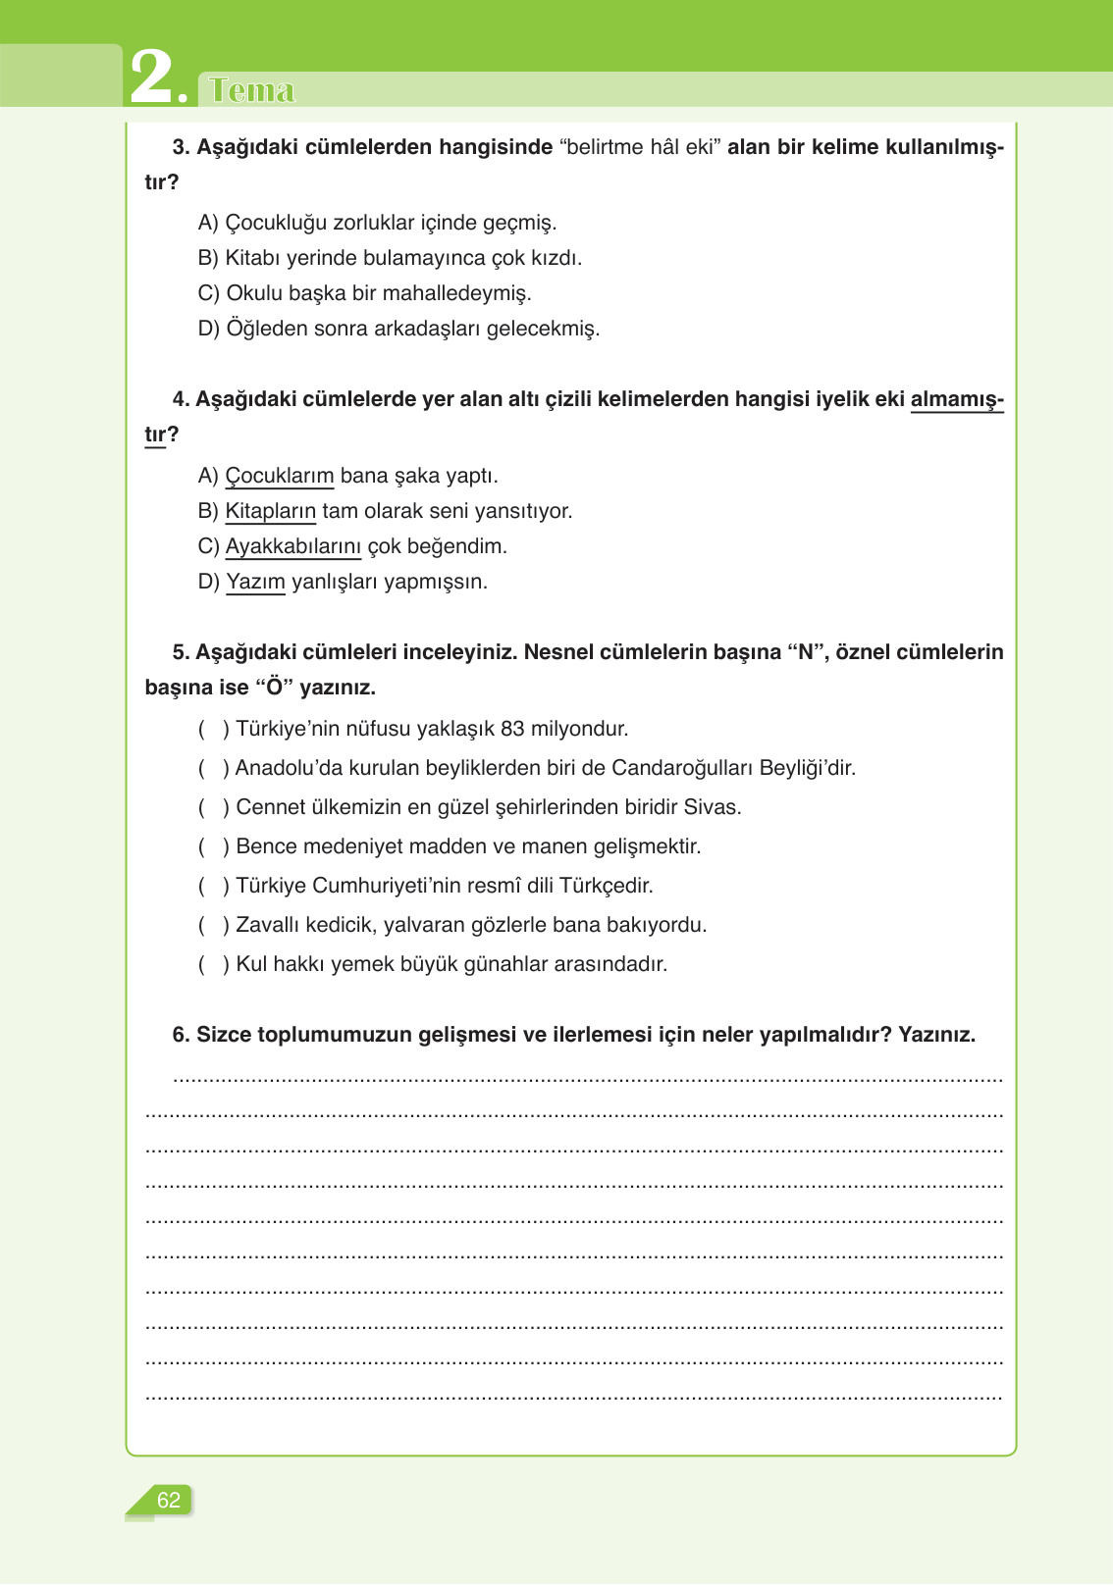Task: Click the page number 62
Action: coord(169,1500)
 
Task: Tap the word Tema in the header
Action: coord(251,90)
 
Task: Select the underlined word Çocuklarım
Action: coord(280,476)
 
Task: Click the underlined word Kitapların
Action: coord(271,511)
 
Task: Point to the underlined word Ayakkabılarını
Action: coord(293,546)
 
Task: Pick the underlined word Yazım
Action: coord(255,582)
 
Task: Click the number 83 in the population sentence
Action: coord(512,729)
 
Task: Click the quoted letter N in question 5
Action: coord(805,652)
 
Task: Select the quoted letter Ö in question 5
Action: coord(275,688)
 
